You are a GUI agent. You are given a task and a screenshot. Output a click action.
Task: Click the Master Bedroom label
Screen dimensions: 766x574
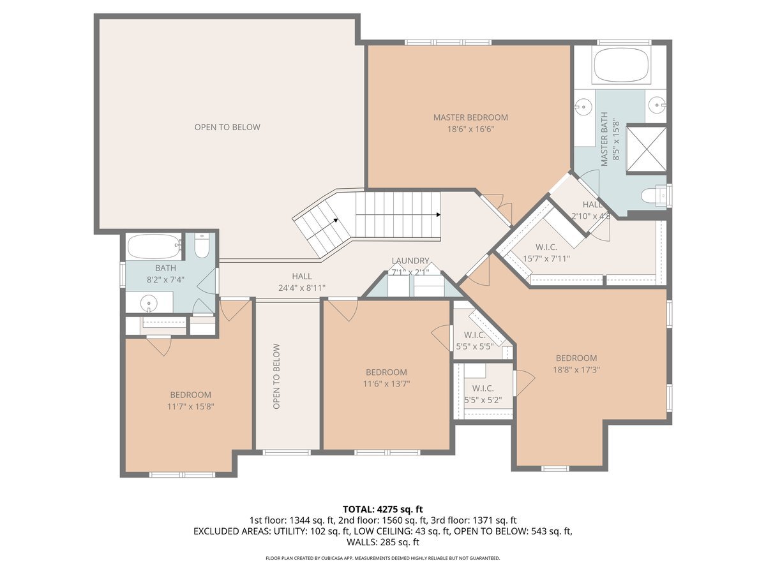tap(470, 117)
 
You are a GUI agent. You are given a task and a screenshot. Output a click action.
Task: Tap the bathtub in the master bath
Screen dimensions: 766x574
tap(621, 65)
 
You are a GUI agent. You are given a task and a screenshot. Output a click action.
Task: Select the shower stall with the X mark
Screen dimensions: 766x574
tap(646, 149)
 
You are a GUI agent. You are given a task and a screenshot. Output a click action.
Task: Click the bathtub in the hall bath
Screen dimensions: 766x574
tap(155, 246)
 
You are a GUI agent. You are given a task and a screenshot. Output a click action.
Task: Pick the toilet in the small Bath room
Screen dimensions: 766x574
tap(202, 246)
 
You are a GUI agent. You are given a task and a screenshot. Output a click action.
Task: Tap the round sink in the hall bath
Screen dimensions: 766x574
tap(149, 303)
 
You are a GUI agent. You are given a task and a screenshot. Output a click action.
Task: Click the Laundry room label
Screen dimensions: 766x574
tap(410, 261)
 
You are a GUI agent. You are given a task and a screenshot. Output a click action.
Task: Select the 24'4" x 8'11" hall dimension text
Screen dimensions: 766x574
tap(302, 288)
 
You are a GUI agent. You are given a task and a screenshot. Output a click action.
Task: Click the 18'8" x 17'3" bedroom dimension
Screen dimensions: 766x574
tap(576, 369)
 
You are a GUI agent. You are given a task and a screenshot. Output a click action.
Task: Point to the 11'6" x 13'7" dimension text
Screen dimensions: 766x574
tap(386, 384)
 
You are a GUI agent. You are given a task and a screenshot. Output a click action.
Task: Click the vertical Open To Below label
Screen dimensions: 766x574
tap(276, 376)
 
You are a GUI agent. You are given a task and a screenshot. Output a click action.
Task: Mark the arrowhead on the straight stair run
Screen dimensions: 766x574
tap(439, 215)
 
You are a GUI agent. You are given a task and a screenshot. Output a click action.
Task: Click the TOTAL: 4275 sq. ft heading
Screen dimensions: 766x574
tap(383, 509)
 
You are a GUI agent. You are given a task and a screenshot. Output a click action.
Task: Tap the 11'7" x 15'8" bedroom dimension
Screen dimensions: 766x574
tap(190, 406)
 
